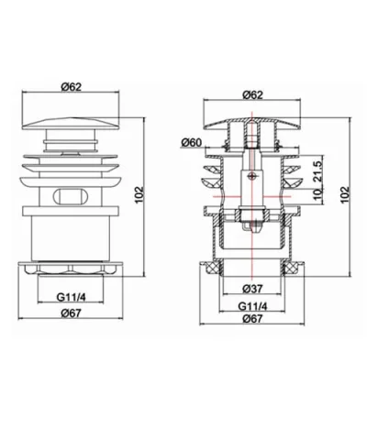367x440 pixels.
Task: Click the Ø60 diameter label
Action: [192, 141]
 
